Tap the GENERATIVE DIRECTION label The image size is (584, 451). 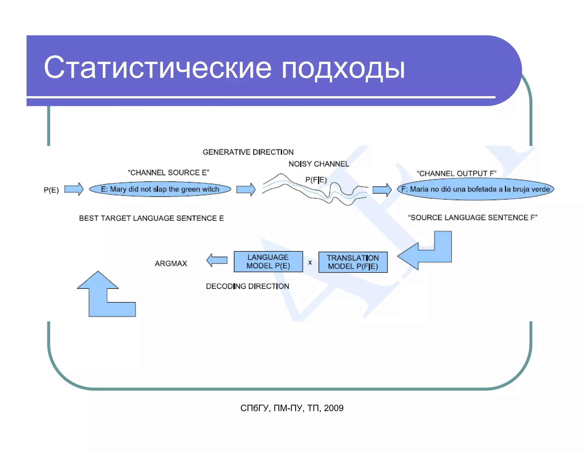tap(248, 152)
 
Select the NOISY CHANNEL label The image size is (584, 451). tap(319, 164)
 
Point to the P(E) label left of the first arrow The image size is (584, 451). tap(51, 190)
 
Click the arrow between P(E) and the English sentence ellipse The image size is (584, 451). tap(74, 189)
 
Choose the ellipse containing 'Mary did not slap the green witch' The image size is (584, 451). tap(160, 189)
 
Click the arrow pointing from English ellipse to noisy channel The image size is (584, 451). tap(246, 189)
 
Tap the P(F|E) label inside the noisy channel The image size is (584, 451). tap(316, 180)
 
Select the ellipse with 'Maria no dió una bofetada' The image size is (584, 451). tap(475, 189)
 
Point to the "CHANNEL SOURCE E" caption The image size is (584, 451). tap(168, 173)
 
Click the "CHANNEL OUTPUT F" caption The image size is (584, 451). tap(456, 173)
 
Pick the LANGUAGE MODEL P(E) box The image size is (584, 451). tap(268, 262)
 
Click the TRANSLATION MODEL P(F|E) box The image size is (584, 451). tap(353, 262)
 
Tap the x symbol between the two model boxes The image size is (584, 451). tap(310, 263)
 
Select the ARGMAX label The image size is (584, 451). tap(171, 263)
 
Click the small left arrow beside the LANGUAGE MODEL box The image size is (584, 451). tap(217, 260)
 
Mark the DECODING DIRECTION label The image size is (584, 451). tap(247, 286)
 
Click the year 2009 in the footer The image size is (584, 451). tap(334, 408)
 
